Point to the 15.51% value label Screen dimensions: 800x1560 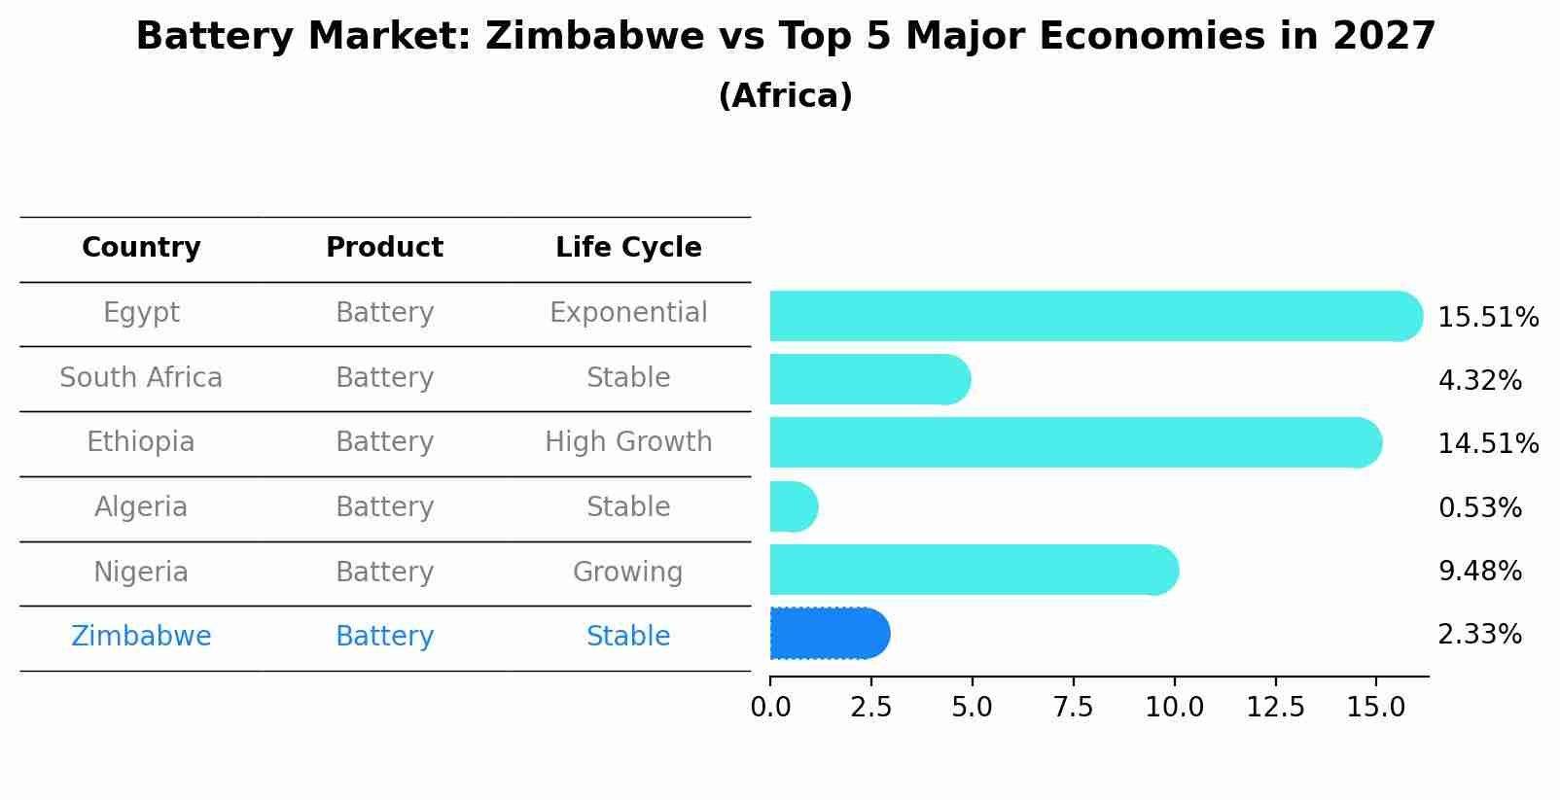(x=1487, y=318)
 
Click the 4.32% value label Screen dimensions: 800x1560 (x=1479, y=380)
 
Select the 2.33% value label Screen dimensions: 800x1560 (x=1479, y=635)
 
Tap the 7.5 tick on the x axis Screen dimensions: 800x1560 (x=1073, y=708)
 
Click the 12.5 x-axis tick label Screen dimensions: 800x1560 (x=1275, y=708)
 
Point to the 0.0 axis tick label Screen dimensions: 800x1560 (x=770, y=708)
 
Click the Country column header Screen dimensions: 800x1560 (x=141, y=248)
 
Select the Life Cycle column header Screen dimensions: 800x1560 (x=628, y=248)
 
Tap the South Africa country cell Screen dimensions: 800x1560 (x=141, y=378)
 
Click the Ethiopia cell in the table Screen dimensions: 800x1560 (x=141, y=442)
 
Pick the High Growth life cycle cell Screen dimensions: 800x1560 (x=628, y=442)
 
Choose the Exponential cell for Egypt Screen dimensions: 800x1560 (x=628, y=313)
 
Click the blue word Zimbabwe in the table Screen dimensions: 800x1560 (x=141, y=637)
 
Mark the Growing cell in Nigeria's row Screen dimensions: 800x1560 (x=628, y=573)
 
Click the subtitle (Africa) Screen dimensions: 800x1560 (x=785, y=96)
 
